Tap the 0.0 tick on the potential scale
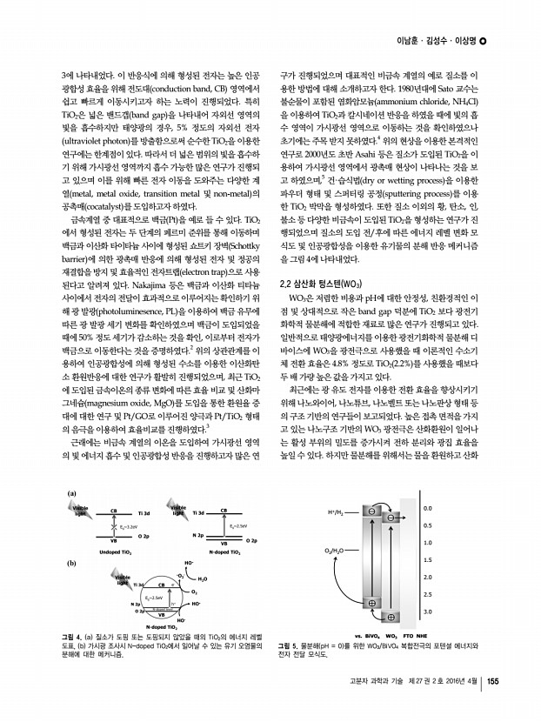click(425, 484)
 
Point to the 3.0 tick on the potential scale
click(425, 613)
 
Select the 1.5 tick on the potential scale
click(425, 549)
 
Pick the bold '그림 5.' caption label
click(288, 647)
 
